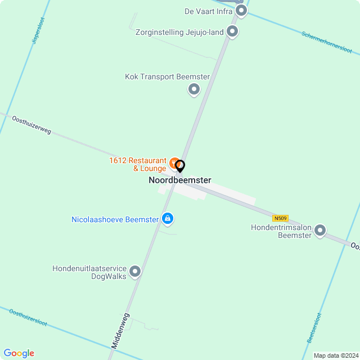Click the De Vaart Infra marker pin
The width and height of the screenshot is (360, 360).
point(241,10)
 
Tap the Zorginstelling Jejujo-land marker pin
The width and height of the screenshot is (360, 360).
point(232,31)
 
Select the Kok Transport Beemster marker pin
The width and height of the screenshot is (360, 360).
point(194,88)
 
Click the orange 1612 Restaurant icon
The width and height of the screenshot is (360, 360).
point(174,162)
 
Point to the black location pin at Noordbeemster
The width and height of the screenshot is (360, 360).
point(180,166)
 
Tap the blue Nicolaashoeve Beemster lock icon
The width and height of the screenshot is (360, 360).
point(167,218)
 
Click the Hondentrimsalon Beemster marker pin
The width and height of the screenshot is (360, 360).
point(320,229)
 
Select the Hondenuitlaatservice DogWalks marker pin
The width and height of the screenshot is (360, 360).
point(135,272)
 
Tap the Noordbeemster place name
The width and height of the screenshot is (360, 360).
point(180,180)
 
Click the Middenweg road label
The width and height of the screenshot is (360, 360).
point(120,332)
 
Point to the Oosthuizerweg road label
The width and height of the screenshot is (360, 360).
point(31,124)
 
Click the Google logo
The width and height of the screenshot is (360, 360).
point(19,353)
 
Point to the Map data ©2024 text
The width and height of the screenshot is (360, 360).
point(336,355)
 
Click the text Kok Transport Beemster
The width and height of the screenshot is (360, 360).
point(159,76)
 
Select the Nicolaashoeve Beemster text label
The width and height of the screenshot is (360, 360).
point(115,219)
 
